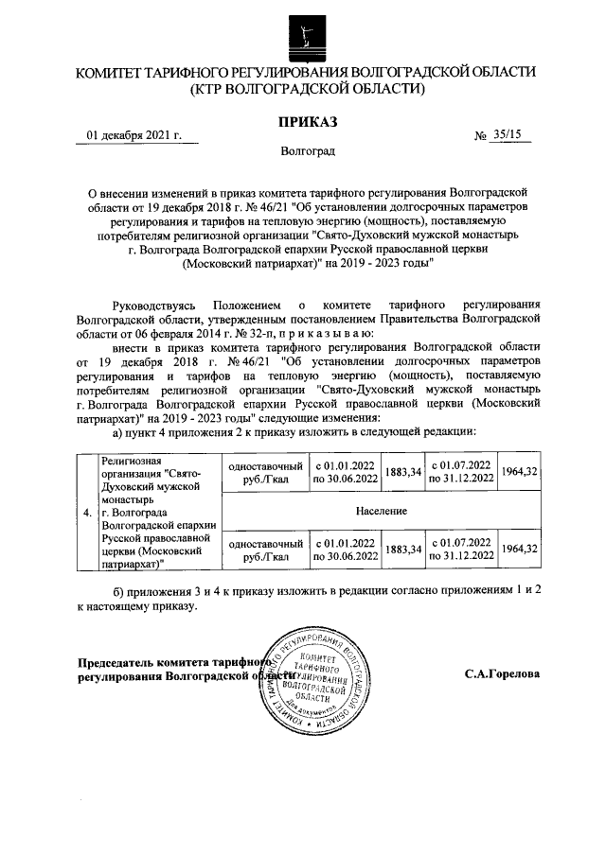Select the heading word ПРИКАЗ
[306, 120]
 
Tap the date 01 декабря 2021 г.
[134, 135]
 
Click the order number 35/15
[508, 135]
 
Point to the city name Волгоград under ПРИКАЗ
[307, 150]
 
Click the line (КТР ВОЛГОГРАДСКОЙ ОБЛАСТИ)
[306, 89]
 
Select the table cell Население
[382, 511]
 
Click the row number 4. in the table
[87, 513]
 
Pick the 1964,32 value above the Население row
[519, 471]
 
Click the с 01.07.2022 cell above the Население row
[460, 471]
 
